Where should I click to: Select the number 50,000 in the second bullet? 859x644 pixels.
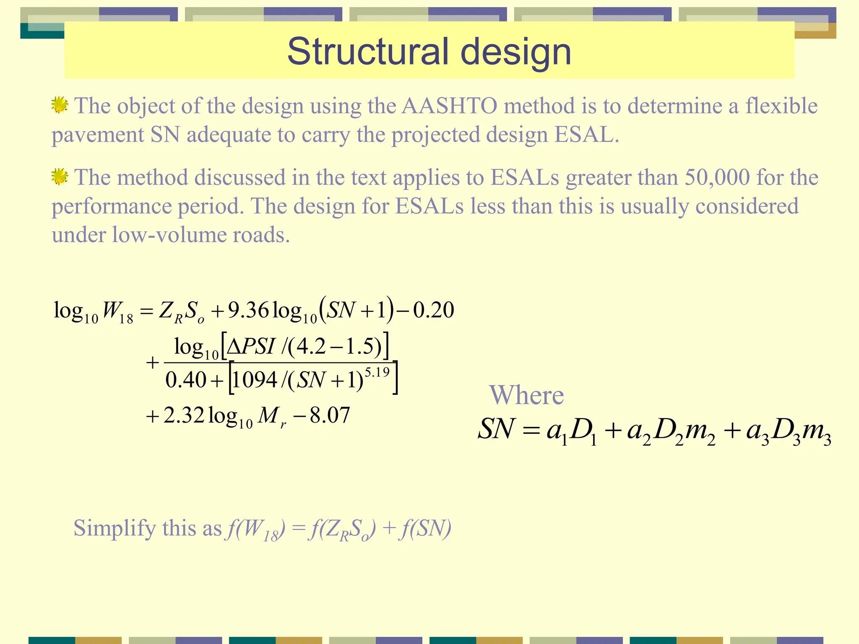pyautogui.click(x=717, y=177)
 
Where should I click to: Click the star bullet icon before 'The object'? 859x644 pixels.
pyautogui.click(x=60, y=105)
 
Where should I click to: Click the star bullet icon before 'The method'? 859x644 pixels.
pyautogui.click(x=60, y=177)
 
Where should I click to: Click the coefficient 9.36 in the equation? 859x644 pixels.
pyautogui.click(x=248, y=311)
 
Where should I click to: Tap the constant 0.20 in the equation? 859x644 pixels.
pyautogui.click(x=433, y=311)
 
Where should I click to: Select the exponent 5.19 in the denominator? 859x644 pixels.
pyautogui.click(x=377, y=372)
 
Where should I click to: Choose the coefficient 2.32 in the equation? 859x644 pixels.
pyautogui.click(x=184, y=415)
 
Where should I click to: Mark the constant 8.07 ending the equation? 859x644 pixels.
pyautogui.click(x=330, y=415)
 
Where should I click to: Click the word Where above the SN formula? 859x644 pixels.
pyautogui.click(x=526, y=395)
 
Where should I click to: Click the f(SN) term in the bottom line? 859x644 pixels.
pyautogui.click(x=425, y=528)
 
